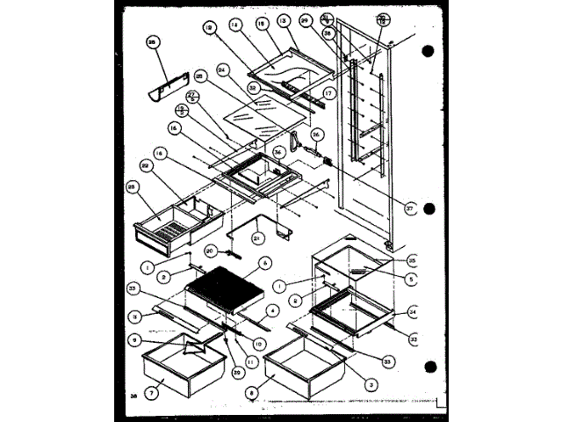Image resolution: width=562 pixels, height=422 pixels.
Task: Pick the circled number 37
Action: [409, 207]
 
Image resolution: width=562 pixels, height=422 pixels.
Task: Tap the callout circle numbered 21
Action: [257, 236]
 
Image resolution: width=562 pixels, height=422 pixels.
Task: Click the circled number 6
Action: [263, 262]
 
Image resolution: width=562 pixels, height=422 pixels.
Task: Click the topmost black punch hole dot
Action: [428, 49]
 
